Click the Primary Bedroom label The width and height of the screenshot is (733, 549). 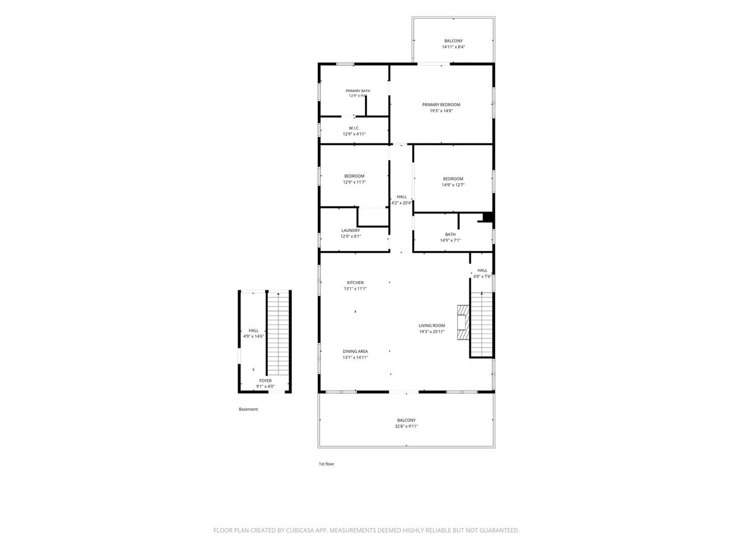coord(441,105)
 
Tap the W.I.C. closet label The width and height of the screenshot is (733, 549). coord(354,128)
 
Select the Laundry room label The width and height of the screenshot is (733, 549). coord(351,230)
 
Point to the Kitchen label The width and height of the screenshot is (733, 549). coord(355,282)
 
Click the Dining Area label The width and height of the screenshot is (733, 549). coord(355,351)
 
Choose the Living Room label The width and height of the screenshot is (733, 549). coord(432,325)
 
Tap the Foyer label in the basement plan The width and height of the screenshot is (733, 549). coord(266,380)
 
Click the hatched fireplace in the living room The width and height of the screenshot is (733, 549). coord(463,322)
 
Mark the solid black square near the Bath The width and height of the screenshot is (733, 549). coord(488,217)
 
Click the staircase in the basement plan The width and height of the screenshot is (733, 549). coord(278,333)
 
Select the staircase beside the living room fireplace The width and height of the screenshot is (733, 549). coord(482,324)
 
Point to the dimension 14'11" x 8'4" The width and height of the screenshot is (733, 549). coord(453,47)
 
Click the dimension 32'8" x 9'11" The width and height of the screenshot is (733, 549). coord(406,426)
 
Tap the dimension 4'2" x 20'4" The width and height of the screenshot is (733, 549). coord(402,203)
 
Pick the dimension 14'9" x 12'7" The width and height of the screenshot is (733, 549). coord(453,185)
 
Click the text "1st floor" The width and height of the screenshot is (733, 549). coord(326,464)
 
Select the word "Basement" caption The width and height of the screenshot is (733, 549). coord(248,409)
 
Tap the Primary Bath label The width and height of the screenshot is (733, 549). coord(358,90)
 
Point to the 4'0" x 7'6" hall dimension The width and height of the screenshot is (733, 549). coord(482,277)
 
